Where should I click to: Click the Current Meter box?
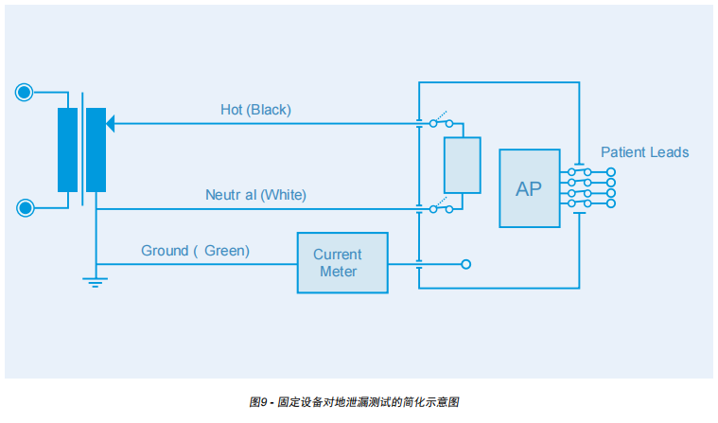click(x=341, y=263)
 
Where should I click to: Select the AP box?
click(x=529, y=188)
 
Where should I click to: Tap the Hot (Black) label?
click(x=255, y=110)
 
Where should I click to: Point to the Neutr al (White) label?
click(x=255, y=195)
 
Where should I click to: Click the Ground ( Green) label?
click(x=195, y=251)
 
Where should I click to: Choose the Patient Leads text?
click(x=644, y=152)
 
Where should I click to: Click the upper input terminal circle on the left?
click(x=25, y=92)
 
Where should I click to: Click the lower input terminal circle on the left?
click(x=25, y=208)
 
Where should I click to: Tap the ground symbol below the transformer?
click(x=96, y=281)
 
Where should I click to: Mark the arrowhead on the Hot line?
click(x=111, y=123)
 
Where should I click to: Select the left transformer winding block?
click(x=67, y=150)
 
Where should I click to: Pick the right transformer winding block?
click(x=96, y=150)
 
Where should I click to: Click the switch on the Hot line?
click(x=442, y=122)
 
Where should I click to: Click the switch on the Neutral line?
click(x=442, y=207)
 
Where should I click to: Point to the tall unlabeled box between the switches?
click(x=463, y=165)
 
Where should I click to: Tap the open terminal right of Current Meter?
click(x=465, y=264)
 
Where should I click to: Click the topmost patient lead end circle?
click(x=611, y=172)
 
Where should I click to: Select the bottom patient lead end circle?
click(x=611, y=203)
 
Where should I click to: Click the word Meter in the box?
click(x=338, y=273)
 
